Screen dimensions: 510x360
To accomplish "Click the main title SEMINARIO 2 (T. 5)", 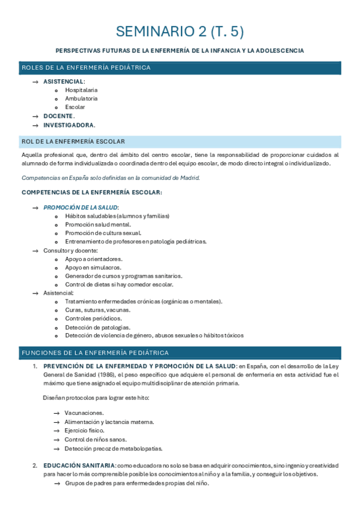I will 180,31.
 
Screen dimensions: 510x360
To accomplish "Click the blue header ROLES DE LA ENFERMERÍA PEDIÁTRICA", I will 86,67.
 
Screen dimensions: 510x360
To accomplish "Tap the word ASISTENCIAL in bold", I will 63,81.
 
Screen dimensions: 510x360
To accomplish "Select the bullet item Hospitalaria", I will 81,90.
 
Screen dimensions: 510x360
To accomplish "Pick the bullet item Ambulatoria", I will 81,98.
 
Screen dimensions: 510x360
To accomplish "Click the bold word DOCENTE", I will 58,115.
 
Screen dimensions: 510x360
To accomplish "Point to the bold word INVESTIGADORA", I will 69,124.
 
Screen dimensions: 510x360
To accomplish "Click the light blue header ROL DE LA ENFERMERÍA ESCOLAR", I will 73,141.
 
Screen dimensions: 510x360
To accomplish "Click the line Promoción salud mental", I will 97,224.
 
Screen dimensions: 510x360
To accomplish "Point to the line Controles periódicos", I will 93,318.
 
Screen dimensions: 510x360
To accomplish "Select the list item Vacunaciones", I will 84,413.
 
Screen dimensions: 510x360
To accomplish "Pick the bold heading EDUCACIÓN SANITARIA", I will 79,465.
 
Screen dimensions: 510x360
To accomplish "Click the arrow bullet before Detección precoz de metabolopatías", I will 56,448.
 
